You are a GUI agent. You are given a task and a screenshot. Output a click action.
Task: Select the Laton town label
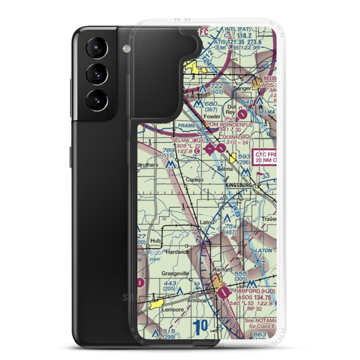coord(207,222)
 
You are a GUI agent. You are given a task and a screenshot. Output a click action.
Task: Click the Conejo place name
coord(194,180)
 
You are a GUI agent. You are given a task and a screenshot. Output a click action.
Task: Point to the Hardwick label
coord(177,252)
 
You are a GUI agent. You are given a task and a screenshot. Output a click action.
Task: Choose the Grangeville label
coord(175,274)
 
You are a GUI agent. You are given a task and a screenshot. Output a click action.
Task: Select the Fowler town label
coord(212,117)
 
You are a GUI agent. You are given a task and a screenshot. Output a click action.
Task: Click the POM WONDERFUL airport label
coord(229,125)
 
